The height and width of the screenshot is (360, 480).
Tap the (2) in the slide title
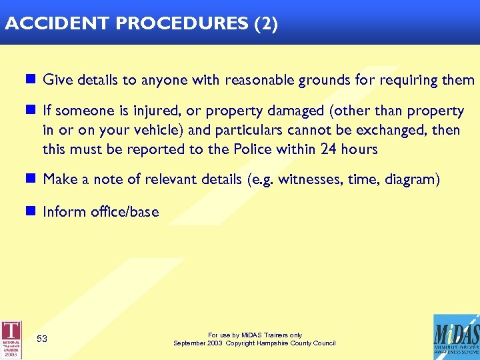pos(266,24)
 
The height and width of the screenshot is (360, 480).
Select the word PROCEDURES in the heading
pos(181,24)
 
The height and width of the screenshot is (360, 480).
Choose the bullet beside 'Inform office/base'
pos(30,212)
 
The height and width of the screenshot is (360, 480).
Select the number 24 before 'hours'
pos(328,149)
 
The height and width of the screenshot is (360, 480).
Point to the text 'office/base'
pos(126,212)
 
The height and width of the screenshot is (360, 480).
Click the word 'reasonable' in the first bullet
pos(257,81)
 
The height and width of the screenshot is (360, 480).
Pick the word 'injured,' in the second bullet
pos(155,111)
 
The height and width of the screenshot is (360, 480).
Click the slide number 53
pos(42,339)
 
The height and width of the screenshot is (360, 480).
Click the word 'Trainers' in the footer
pos(267,335)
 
